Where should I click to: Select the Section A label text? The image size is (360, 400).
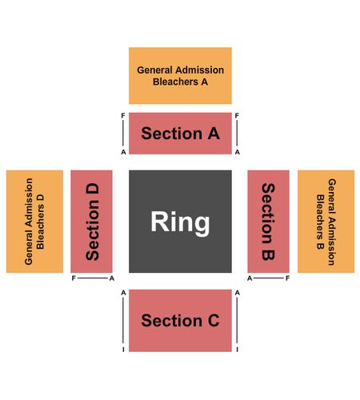tap(180, 134)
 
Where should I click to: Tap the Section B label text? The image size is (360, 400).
tap(268, 222)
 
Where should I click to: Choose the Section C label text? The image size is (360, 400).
tap(180, 320)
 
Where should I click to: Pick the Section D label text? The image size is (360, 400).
tap(92, 222)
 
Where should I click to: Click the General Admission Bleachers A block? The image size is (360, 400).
tap(180, 76)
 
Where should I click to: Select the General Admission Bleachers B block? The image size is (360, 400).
tap(326, 222)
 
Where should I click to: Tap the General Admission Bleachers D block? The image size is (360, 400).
tap(34, 222)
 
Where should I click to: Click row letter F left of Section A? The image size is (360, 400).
tap(123, 116)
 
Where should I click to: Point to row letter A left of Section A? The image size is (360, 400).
tap(123, 152)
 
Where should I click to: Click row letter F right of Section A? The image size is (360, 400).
tap(237, 116)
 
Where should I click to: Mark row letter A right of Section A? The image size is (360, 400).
tap(237, 152)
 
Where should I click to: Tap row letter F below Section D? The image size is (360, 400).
tap(74, 278)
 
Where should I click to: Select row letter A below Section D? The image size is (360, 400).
tap(112, 278)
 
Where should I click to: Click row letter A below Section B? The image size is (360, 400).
tap(250, 278)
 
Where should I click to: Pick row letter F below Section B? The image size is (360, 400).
tap(287, 278)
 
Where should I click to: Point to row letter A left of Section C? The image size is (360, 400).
tap(123, 293)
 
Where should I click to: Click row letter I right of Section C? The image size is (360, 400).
tap(237, 350)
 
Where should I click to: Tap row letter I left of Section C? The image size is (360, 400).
tap(123, 350)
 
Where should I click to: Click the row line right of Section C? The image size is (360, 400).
tap(237, 321)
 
